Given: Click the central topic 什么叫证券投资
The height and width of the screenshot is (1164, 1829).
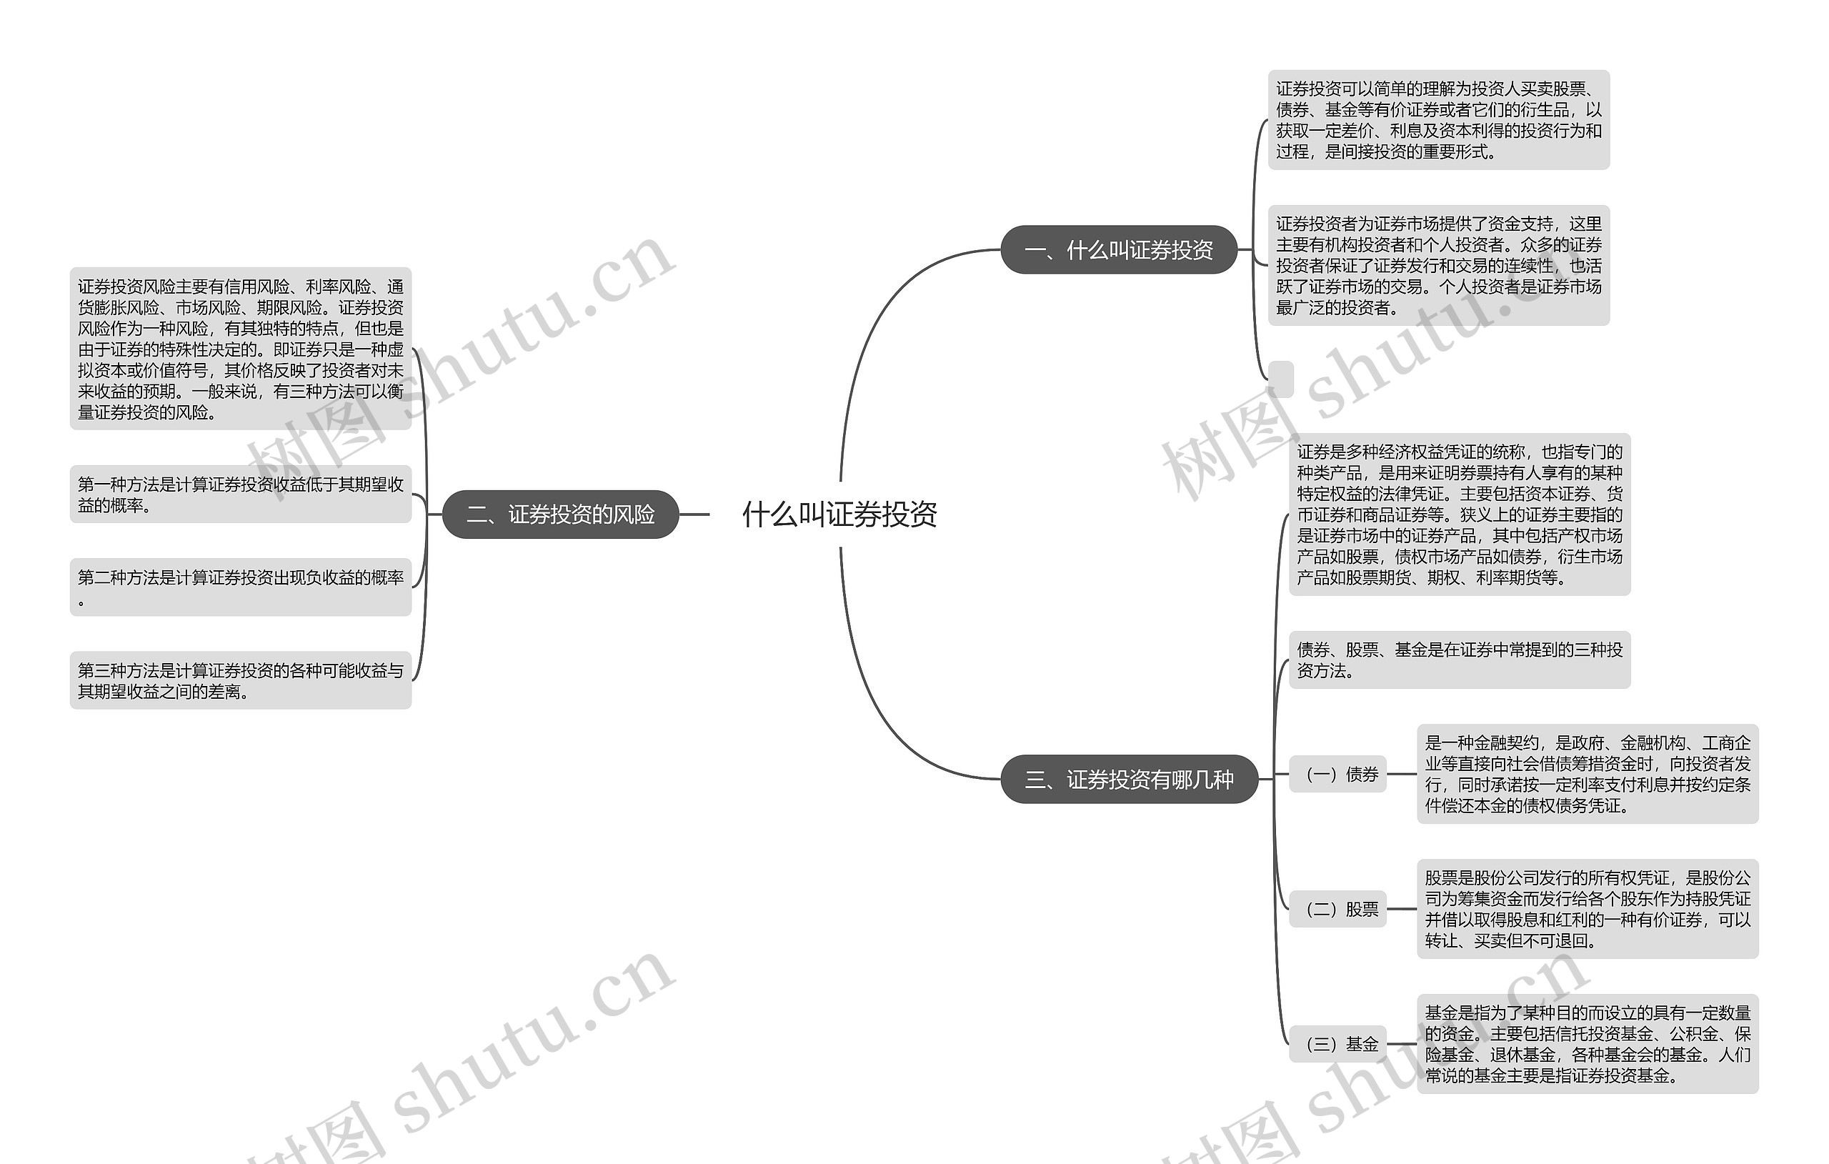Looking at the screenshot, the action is click(839, 514).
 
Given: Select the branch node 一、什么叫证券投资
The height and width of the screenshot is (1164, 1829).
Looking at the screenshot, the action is click(1118, 250).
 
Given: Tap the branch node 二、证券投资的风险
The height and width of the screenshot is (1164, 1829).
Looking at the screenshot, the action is click(560, 514).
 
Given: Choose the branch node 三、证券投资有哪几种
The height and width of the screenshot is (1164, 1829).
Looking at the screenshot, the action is click(1129, 779).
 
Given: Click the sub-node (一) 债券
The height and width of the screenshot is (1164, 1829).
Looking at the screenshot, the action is click(1337, 775).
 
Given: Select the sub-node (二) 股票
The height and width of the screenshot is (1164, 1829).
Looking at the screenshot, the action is click(1337, 909).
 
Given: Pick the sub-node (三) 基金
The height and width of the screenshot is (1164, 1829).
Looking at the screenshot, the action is click(1337, 1044).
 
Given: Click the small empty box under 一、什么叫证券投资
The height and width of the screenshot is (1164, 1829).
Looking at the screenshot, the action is click(1280, 379).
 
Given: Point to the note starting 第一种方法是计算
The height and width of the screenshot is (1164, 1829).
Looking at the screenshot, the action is click(240, 494).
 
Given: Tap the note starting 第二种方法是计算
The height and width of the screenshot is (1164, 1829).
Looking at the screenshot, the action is click(240, 587).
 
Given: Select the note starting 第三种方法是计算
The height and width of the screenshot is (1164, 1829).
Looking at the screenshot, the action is click(240, 680).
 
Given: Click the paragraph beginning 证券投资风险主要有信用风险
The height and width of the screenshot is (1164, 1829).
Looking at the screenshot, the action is click(240, 349).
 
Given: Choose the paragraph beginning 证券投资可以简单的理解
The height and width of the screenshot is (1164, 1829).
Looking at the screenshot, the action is click(1439, 120).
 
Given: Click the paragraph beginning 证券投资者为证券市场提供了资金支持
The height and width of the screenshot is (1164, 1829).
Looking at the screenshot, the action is click(1439, 265).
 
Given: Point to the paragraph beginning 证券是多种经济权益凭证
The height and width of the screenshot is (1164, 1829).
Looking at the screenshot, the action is click(1459, 514).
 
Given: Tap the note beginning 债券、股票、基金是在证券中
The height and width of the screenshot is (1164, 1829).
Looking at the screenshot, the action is click(1459, 660).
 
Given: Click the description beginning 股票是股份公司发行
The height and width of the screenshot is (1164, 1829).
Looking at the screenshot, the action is click(1588, 909).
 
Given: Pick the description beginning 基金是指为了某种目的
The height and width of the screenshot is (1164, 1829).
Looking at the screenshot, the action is click(1588, 1044).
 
